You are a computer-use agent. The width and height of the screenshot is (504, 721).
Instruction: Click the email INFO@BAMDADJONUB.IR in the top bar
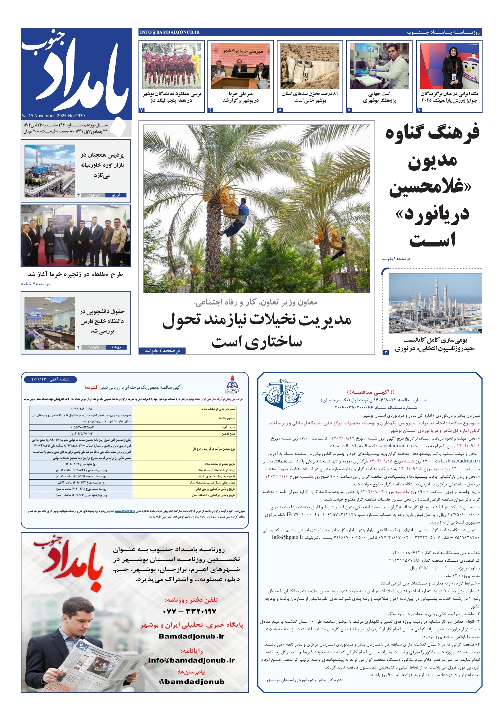coord(170,32)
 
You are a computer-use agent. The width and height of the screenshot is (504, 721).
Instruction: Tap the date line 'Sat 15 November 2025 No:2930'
coord(53,115)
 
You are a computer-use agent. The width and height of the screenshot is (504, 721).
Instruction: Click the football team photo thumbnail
coord(171,66)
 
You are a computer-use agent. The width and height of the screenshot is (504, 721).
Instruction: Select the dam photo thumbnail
coord(310,66)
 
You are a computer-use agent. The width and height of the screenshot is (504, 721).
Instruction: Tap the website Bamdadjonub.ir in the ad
coord(191,636)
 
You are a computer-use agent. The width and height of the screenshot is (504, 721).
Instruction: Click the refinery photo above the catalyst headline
coord(435,303)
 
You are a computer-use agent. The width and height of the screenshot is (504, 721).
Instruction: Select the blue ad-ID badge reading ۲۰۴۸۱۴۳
coord(50,379)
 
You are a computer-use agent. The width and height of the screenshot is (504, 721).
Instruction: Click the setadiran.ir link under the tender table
coord(125,511)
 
